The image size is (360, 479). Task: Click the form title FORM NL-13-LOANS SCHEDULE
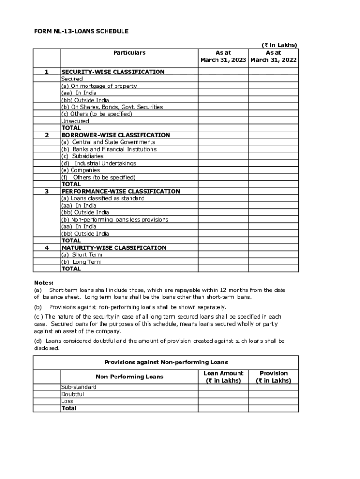(x=81, y=31)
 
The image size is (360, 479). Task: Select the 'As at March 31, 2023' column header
(x=223, y=57)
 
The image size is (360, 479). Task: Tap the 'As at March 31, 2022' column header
(x=274, y=57)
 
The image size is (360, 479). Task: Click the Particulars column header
(x=129, y=53)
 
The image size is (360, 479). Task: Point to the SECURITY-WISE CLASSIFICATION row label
(x=113, y=72)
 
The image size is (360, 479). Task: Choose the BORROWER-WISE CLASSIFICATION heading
(x=115, y=135)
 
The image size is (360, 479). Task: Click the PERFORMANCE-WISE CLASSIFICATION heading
(x=121, y=191)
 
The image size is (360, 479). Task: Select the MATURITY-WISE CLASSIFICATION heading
(x=114, y=247)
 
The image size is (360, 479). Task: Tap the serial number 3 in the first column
(x=46, y=191)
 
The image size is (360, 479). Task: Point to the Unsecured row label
(x=75, y=121)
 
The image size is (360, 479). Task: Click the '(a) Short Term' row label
(x=81, y=254)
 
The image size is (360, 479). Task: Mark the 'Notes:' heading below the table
(x=43, y=283)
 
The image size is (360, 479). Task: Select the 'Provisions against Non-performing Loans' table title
(x=166, y=363)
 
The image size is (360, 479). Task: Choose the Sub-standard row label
(x=79, y=387)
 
